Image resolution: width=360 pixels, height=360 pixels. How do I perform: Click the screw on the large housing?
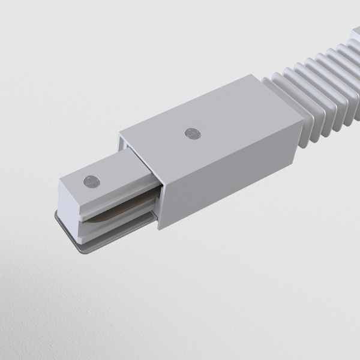pos(192,133)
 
